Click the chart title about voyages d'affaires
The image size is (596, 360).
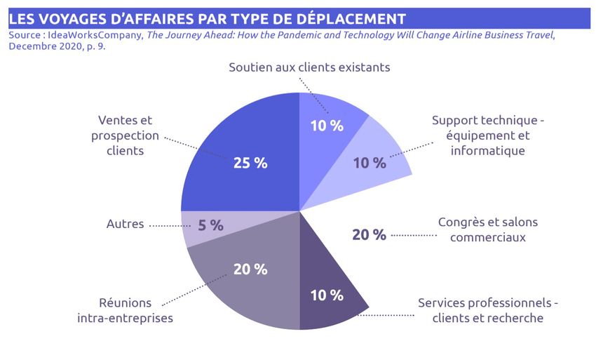207,18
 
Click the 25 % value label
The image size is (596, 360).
250,163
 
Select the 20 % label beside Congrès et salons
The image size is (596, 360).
369,235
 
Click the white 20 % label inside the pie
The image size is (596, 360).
250,269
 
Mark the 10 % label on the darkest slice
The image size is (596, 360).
327,295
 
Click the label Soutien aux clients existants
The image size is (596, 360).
309,67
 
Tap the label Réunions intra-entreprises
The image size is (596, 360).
125,310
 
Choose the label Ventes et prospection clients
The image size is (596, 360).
125,135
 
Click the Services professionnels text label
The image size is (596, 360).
487,310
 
